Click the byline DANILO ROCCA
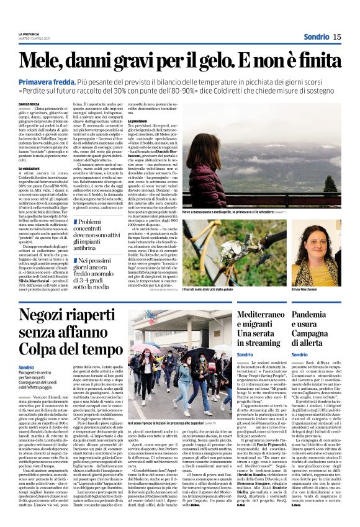tap(29, 103)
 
